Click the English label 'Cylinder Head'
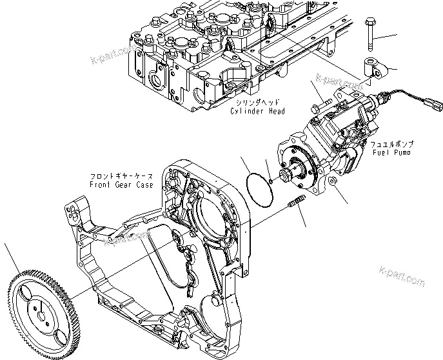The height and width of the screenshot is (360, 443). point(257,112)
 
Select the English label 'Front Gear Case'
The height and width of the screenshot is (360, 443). point(123,185)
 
